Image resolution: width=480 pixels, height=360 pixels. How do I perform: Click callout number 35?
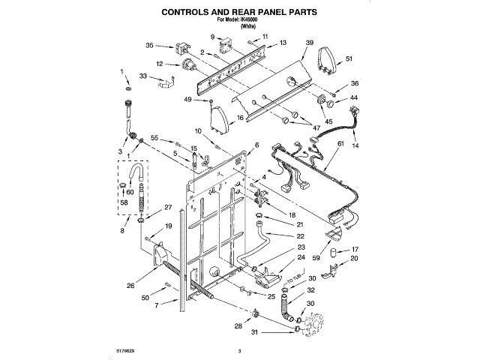(149, 45)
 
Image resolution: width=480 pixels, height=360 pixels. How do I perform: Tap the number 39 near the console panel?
(309, 45)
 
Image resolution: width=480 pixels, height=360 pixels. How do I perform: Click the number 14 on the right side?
(355, 144)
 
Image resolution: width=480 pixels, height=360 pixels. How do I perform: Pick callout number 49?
(187, 100)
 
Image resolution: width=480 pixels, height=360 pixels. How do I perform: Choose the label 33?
(142, 76)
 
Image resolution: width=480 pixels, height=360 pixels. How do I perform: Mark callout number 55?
(155, 138)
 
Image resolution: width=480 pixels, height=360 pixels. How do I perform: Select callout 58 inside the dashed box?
(124, 202)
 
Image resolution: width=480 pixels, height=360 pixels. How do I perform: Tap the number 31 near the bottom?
(254, 332)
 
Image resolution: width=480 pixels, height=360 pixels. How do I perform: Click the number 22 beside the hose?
(300, 235)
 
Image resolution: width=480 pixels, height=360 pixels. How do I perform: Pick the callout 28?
(238, 326)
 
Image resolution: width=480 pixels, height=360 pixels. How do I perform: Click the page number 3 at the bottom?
(239, 351)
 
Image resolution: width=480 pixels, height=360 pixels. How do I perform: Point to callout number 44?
(354, 98)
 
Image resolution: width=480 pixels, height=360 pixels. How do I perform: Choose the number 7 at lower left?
(156, 307)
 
